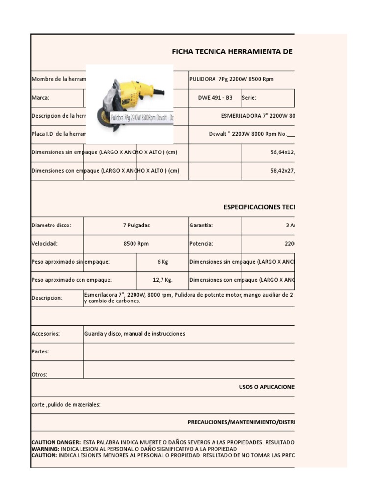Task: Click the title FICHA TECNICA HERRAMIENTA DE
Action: pyautogui.click(x=232, y=51)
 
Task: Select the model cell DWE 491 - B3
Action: pyautogui.click(x=215, y=98)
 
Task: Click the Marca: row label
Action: pyautogui.click(x=40, y=98)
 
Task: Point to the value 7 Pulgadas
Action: pyautogui.click(x=136, y=225)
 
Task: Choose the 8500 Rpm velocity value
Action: pyautogui.click(x=136, y=244)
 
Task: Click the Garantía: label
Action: pyautogui.click(x=201, y=225)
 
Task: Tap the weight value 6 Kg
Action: pyautogui.click(x=162, y=262)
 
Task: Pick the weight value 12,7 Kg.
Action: pyautogui.click(x=162, y=280)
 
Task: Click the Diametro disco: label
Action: pyautogui.click(x=51, y=225)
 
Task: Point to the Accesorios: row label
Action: pyautogui.click(x=46, y=334)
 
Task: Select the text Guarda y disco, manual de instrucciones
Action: pyautogui.click(x=135, y=334)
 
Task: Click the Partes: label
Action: pyautogui.click(x=40, y=351)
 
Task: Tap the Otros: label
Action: pyautogui.click(x=39, y=374)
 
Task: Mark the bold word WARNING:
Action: pyautogui.click(x=45, y=449)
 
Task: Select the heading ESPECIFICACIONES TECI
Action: pyautogui.click(x=259, y=207)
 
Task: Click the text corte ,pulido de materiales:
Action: pyautogui.click(x=66, y=405)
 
